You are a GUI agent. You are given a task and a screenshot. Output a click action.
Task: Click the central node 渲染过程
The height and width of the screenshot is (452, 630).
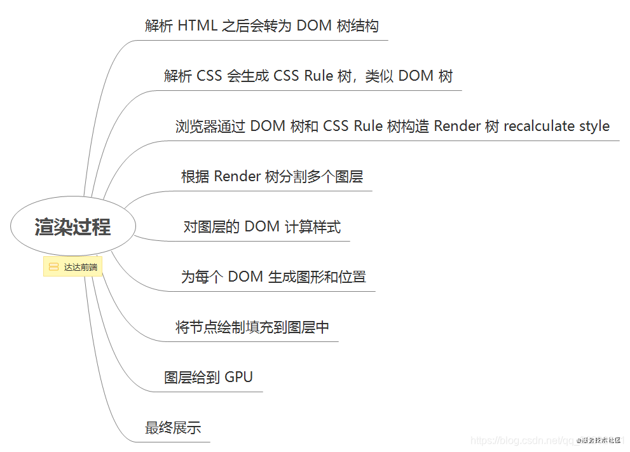click(x=72, y=227)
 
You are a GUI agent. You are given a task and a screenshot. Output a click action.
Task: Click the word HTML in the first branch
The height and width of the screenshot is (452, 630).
click(x=197, y=26)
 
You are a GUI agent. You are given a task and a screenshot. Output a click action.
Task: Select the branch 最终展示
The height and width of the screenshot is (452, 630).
click(x=173, y=428)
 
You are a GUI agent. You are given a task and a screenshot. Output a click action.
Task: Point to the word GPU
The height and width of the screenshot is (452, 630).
click(x=238, y=377)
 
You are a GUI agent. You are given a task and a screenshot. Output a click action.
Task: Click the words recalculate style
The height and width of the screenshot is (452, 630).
click(x=556, y=126)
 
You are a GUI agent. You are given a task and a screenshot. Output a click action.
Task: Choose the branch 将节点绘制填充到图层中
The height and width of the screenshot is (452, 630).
click(x=252, y=327)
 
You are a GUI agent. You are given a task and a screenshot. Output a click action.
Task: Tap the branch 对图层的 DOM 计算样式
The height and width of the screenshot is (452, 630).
click(x=262, y=226)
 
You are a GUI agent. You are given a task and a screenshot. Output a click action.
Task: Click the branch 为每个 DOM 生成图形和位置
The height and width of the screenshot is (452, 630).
click(x=273, y=277)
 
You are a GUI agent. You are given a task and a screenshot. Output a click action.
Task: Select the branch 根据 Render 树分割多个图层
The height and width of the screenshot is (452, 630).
click(x=272, y=176)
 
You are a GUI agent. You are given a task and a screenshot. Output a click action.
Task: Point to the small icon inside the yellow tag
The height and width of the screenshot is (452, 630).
click(x=53, y=267)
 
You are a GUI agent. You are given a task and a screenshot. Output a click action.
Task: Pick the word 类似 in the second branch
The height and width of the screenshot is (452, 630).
click(x=380, y=76)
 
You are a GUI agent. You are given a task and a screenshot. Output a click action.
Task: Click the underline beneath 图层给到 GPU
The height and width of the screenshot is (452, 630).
click(x=210, y=392)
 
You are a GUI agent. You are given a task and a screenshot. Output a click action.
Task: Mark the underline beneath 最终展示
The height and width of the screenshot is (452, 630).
click(x=172, y=442)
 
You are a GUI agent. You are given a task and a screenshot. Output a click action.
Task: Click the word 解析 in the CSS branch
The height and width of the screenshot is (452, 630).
click(x=178, y=76)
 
